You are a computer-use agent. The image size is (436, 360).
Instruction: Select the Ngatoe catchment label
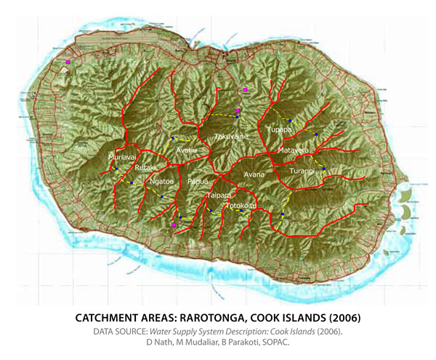click(161, 182)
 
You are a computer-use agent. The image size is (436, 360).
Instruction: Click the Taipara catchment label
click(219, 196)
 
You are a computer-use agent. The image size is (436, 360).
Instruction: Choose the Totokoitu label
click(241, 206)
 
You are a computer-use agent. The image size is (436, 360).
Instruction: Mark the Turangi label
click(302, 171)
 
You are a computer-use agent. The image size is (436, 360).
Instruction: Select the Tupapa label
click(279, 129)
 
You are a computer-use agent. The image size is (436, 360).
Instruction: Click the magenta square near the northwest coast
click(68, 63)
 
